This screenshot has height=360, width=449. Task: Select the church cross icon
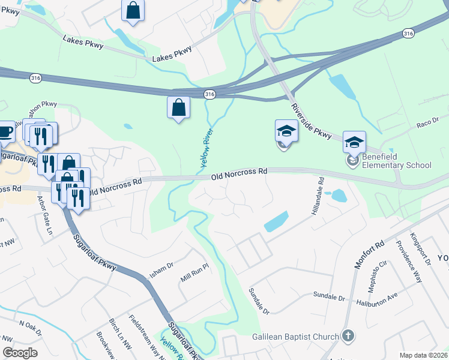tap(347, 336)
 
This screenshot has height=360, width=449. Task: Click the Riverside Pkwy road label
tap(311, 121)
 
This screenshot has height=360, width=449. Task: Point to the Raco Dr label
tap(427, 123)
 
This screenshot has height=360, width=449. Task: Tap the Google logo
tap(20, 353)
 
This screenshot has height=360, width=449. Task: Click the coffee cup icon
tap(5, 131)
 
